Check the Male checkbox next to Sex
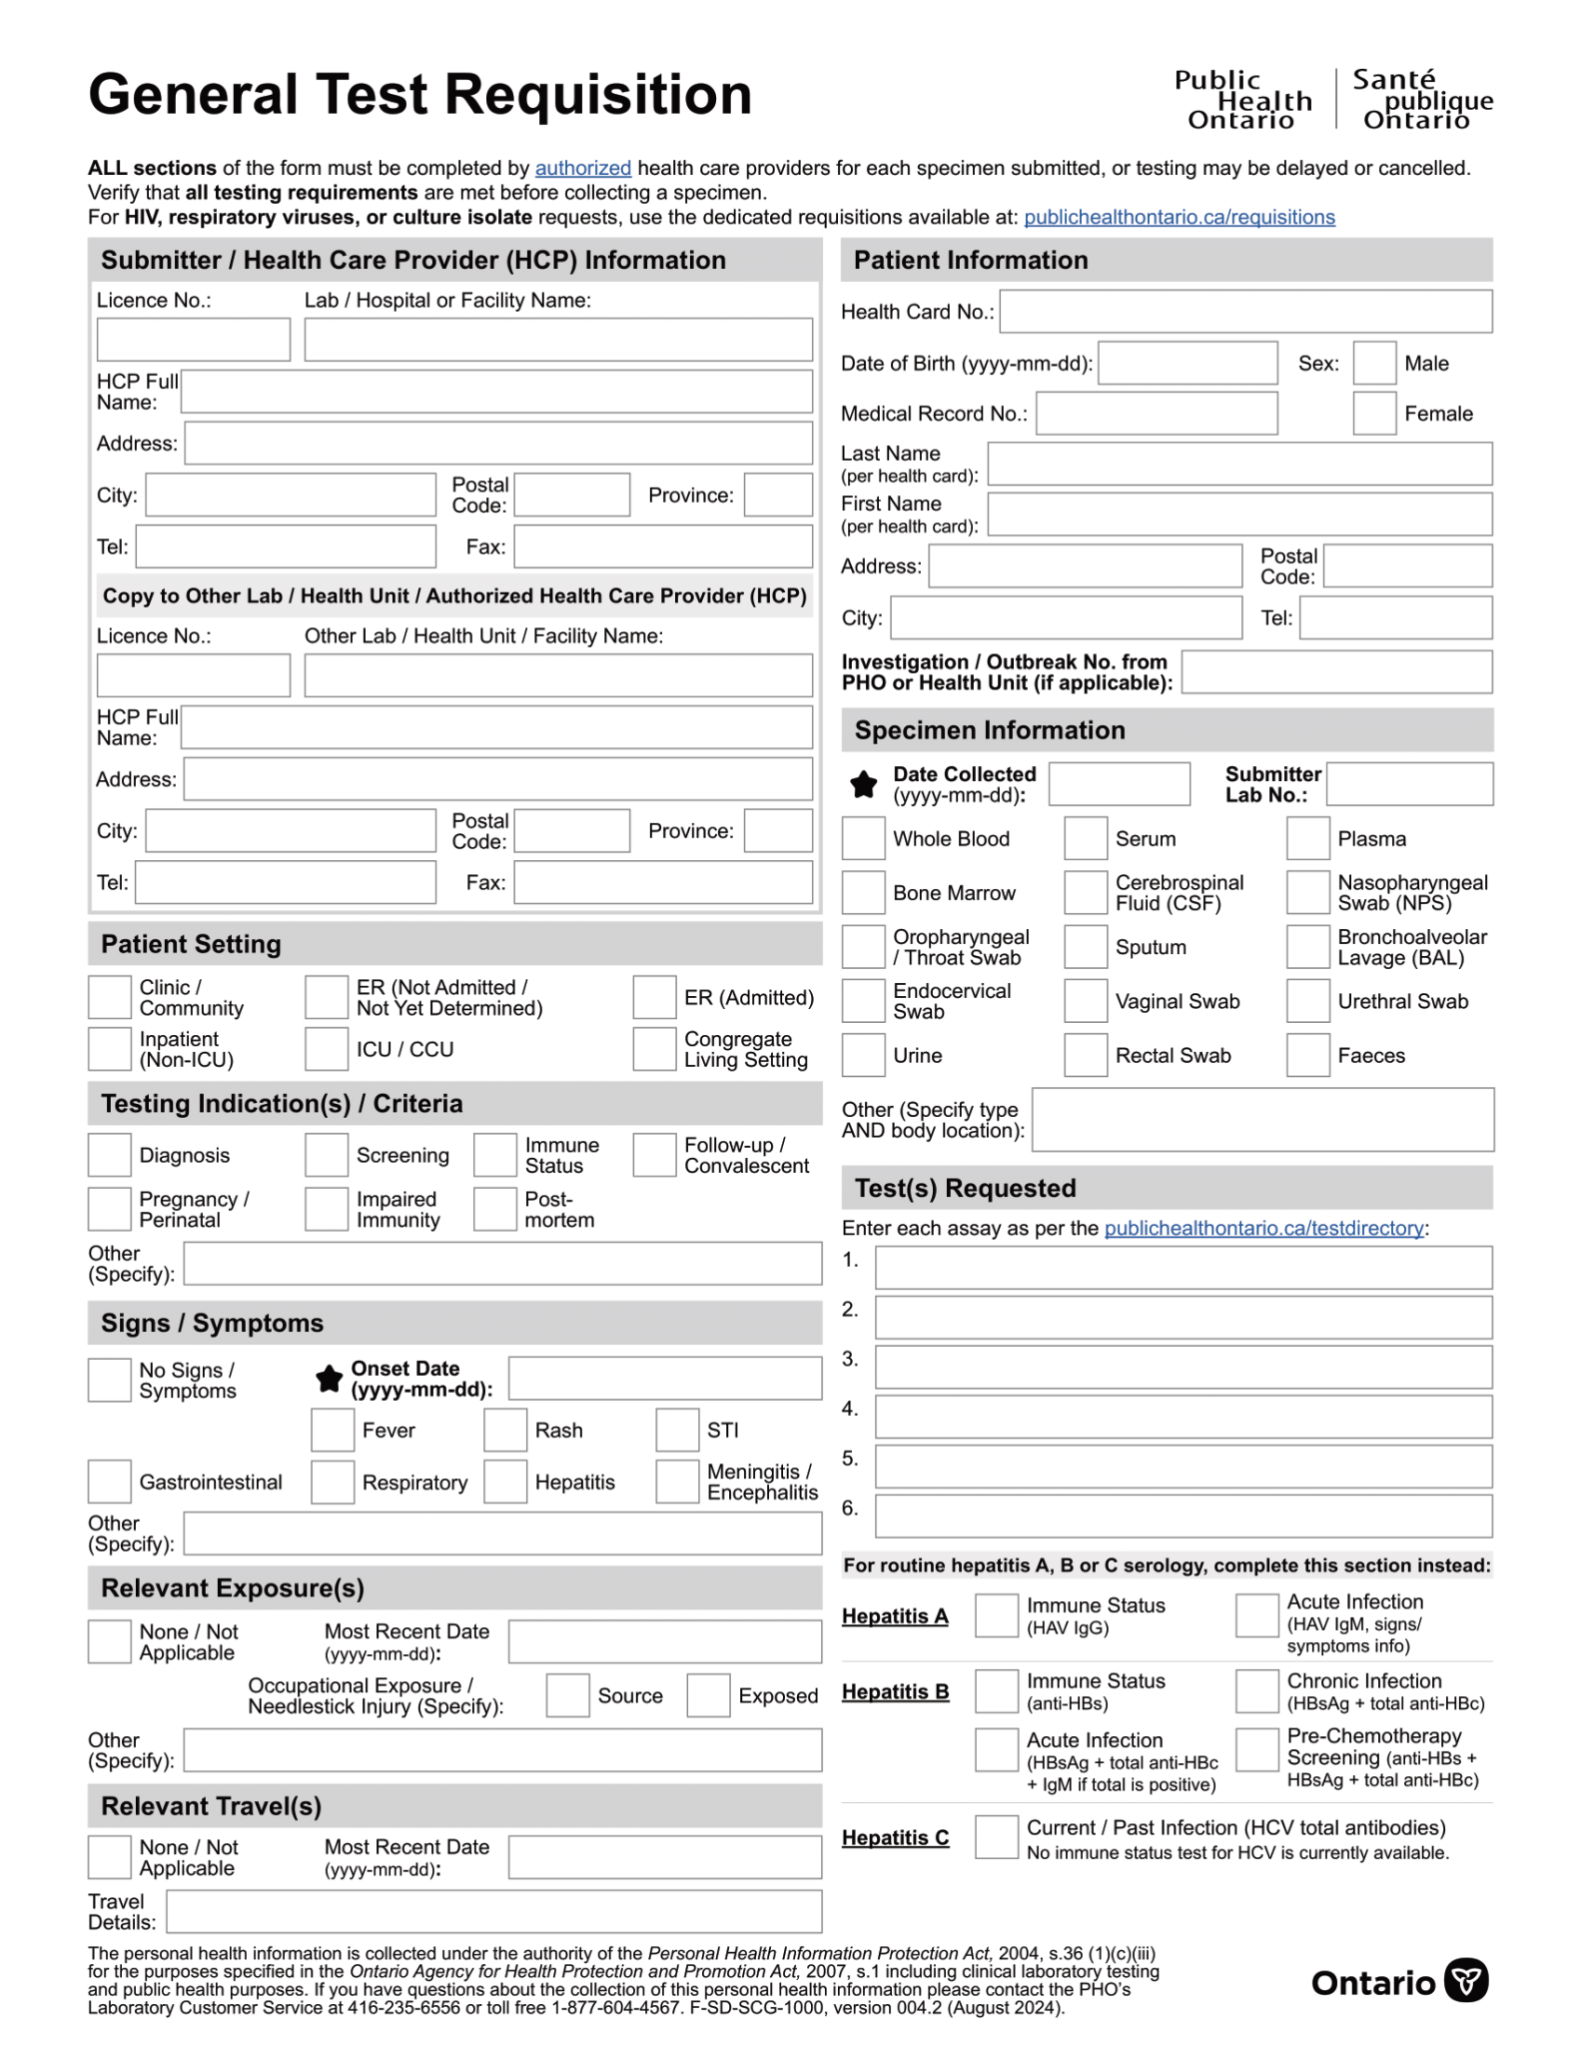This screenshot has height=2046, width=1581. pyautogui.click(x=1373, y=363)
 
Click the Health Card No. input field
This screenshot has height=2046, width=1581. pyautogui.click(x=1244, y=312)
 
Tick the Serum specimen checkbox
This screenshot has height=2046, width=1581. pyautogui.click(x=1085, y=838)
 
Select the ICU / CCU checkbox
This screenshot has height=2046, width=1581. pyautogui.click(x=326, y=1049)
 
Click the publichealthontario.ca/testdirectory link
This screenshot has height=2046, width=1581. pyautogui.click(x=1263, y=1228)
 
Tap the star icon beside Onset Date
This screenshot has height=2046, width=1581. pyautogui.click(x=329, y=1379)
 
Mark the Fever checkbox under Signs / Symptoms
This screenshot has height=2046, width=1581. pyautogui.click(x=332, y=1430)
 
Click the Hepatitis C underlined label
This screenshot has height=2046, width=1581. pyautogui.click(x=895, y=1837)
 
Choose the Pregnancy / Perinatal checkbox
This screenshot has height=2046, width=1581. pyautogui.click(x=109, y=1209)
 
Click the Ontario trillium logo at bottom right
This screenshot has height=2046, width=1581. pyautogui.click(x=1466, y=1980)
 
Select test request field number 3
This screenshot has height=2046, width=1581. pyautogui.click(x=1183, y=1367)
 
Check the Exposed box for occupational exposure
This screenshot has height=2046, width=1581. pyautogui.click(x=708, y=1695)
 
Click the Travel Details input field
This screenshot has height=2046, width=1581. pyautogui.click(x=493, y=1911)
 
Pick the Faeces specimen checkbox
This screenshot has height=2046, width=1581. pyautogui.click(x=1307, y=1055)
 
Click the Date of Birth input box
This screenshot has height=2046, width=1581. pyautogui.click(x=1186, y=363)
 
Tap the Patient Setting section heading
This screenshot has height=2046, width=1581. pyautogui.click(x=191, y=944)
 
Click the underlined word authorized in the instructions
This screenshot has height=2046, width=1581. pyautogui.click(x=582, y=168)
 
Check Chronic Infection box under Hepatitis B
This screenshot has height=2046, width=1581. pyautogui.click(x=1256, y=1690)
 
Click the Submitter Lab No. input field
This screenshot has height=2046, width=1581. pyautogui.click(x=1408, y=784)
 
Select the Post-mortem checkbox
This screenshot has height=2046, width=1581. pyautogui.click(x=494, y=1209)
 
